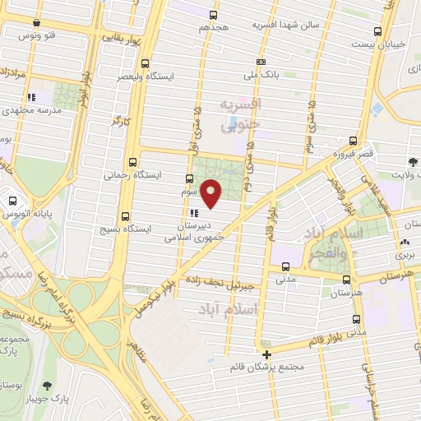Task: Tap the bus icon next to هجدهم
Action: [x=215, y=16]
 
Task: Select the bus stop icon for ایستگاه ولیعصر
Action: [x=146, y=63]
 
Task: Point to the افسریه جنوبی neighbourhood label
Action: [x=241, y=116]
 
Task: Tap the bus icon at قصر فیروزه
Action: [x=353, y=141]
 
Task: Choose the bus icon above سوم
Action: [x=188, y=178]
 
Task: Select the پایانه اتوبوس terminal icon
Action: [x=13, y=200]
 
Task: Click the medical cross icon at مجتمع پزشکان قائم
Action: [x=267, y=354]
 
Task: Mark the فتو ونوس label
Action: [x=39, y=35]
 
